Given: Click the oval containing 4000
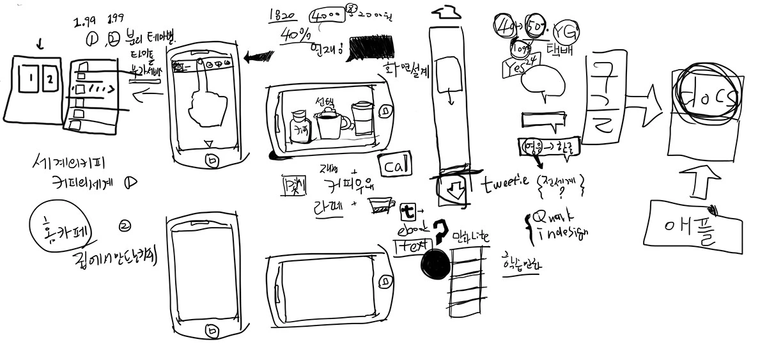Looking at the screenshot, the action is pos(327,18).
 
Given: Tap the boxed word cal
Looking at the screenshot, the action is pos(394,166).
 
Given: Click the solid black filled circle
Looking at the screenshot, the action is pos(434,263).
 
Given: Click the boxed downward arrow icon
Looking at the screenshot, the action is pos(456,189).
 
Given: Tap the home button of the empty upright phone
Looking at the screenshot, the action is pos(210,330).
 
